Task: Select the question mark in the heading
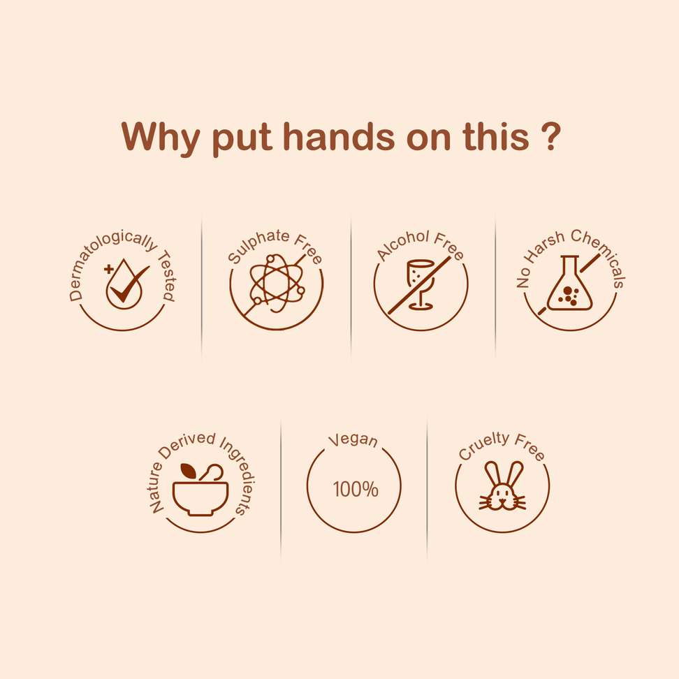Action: [551, 136]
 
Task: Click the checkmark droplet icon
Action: [126, 284]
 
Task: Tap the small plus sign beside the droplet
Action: [109, 270]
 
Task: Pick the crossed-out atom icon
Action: [276, 283]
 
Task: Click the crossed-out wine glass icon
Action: [419, 286]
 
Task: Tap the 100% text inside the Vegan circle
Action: [356, 489]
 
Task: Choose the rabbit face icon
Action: [503, 486]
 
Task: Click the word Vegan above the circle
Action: [353, 440]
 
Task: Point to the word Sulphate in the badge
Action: [258, 244]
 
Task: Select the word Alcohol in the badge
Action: [403, 244]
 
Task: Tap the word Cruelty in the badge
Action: [483, 445]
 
